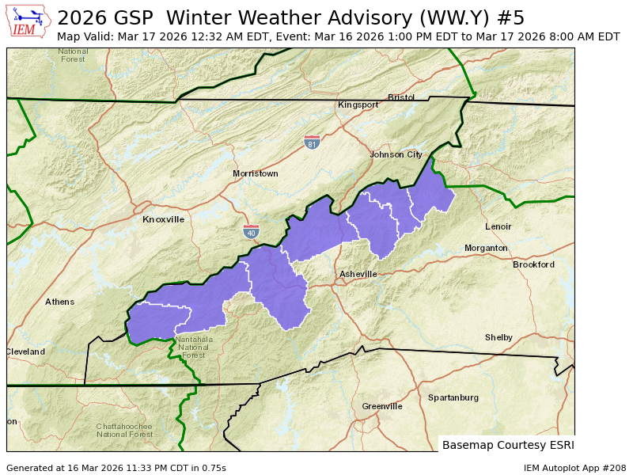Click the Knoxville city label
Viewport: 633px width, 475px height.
click(x=163, y=219)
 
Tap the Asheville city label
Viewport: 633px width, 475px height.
click(x=358, y=274)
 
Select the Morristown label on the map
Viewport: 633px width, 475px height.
click(x=255, y=173)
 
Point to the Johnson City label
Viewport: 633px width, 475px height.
click(x=396, y=154)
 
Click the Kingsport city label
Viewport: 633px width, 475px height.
click(x=358, y=104)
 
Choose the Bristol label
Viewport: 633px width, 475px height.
click(x=401, y=97)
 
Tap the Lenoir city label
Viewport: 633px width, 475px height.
click(x=498, y=226)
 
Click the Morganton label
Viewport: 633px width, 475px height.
click(x=486, y=248)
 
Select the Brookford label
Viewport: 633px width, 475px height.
click(x=533, y=264)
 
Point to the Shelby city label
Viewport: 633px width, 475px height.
click(x=498, y=337)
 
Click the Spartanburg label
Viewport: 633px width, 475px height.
click(x=453, y=397)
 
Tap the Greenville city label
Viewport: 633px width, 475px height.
click(x=382, y=406)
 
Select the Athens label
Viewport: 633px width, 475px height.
click(x=59, y=302)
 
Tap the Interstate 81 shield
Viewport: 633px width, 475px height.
click(x=313, y=142)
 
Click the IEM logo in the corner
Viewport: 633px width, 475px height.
click(x=29, y=21)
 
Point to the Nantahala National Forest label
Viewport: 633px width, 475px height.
click(x=194, y=348)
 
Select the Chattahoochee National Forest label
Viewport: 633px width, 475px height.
click(x=124, y=430)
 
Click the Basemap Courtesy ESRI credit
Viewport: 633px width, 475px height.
click(x=508, y=445)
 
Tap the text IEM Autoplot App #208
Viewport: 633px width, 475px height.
click(x=574, y=468)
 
